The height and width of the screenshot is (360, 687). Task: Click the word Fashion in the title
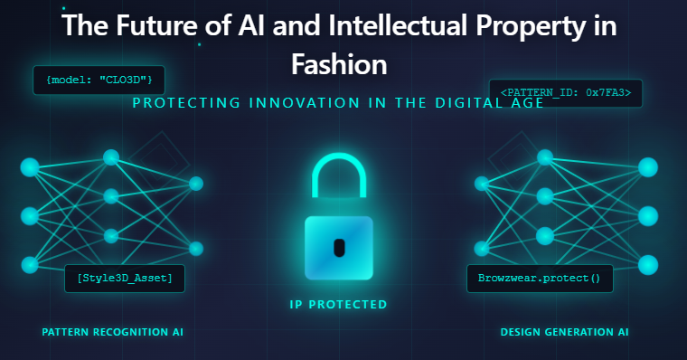(x=339, y=64)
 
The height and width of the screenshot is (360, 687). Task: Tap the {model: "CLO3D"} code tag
(x=99, y=81)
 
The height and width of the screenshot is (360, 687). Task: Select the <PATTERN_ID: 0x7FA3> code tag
(x=565, y=92)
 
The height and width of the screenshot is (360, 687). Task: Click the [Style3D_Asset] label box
(x=125, y=278)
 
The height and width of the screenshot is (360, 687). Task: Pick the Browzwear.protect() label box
(x=540, y=278)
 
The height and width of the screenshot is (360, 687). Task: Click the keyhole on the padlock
(x=339, y=246)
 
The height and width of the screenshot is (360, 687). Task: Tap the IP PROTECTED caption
(x=338, y=305)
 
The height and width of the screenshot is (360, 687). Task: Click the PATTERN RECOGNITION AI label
(x=112, y=332)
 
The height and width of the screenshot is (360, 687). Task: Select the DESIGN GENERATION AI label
(x=564, y=332)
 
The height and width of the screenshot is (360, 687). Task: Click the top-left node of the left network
(x=30, y=167)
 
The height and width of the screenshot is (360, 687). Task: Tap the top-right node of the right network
(x=648, y=167)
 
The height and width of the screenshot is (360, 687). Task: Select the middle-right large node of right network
(x=648, y=216)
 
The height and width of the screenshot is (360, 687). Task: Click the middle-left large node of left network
(x=30, y=216)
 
